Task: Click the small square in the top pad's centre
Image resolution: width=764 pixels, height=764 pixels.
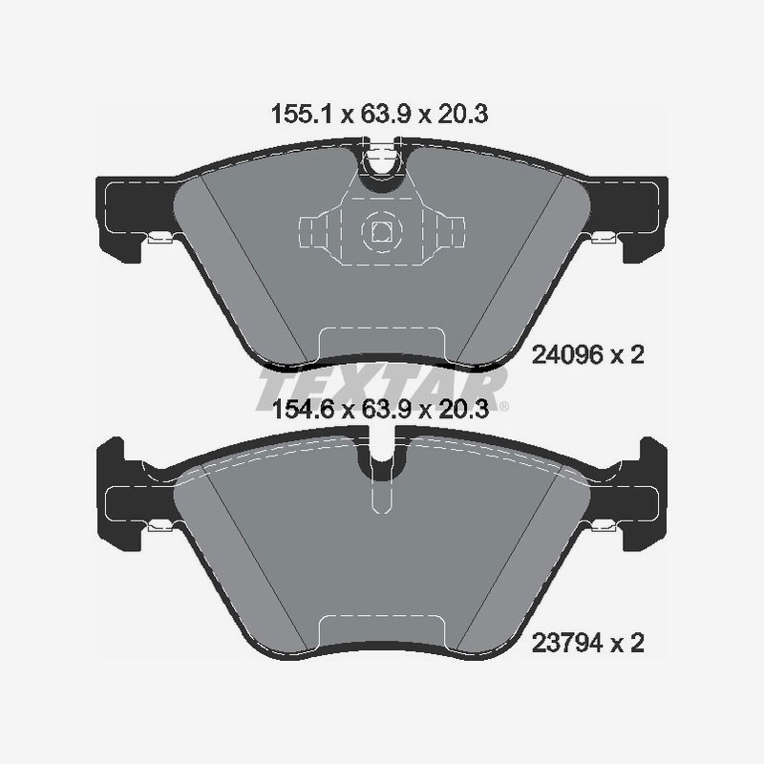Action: point(381,230)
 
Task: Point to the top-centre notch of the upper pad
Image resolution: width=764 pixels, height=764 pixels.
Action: point(381,160)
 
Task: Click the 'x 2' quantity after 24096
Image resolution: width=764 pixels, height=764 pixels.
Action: point(628,357)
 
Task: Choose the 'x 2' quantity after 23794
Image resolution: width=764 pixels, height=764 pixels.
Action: point(628,644)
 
